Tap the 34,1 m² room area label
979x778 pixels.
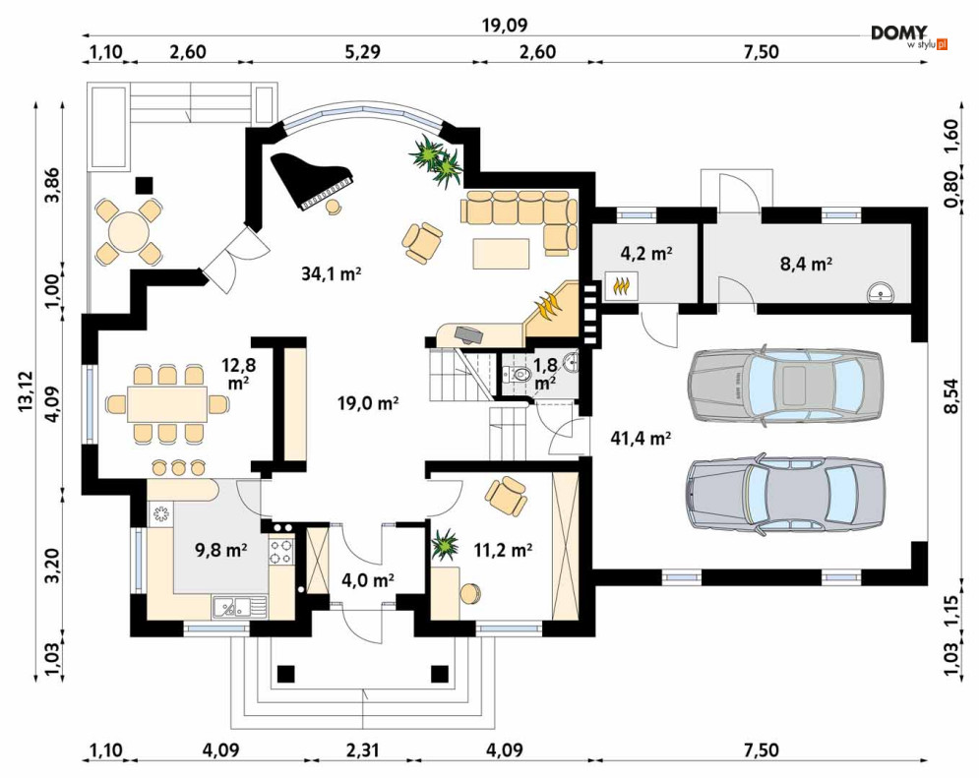point(332,273)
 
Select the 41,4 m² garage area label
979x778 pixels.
point(640,439)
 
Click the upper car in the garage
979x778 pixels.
point(785,387)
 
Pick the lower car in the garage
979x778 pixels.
point(785,493)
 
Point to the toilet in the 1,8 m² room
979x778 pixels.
point(520,375)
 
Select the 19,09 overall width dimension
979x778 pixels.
point(505,26)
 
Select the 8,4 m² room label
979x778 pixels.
point(806,264)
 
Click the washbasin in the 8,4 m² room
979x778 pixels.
point(881,292)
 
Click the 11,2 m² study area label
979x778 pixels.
point(503,550)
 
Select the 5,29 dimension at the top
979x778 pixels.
point(361,51)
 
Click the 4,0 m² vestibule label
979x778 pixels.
point(368,580)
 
